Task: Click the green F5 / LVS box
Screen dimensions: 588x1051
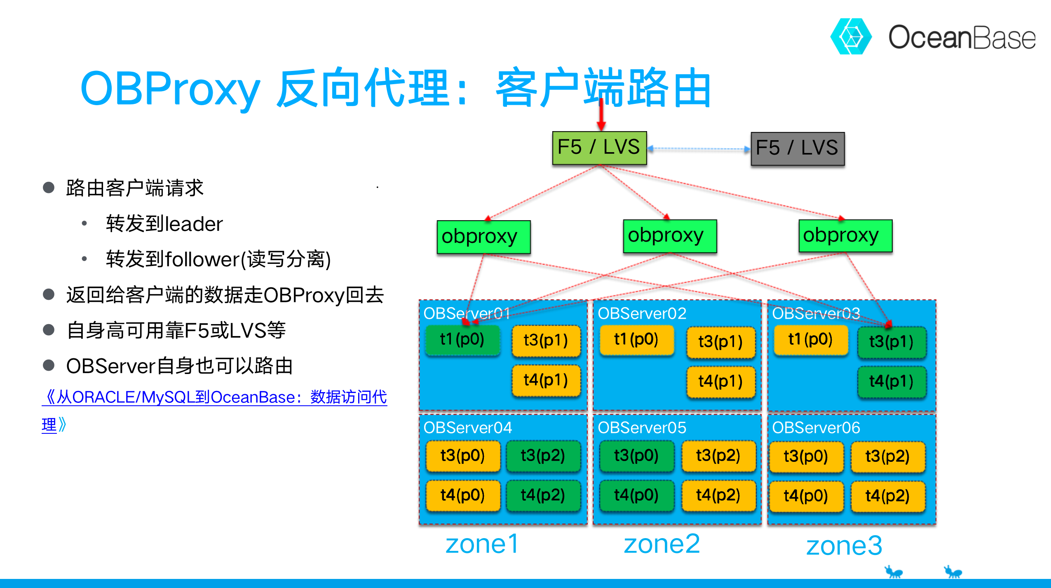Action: [599, 148]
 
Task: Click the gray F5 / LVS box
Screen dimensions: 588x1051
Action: [798, 148]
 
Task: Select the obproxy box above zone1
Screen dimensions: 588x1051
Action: [483, 237]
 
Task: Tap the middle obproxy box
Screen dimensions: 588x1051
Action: [670, 236]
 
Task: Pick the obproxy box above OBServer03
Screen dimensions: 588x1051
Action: [845, 235]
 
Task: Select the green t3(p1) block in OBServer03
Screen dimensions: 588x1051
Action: [891, 342]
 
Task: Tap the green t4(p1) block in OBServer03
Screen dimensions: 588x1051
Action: [891, 381]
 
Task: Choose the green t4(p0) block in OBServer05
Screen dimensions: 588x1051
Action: [636, 495]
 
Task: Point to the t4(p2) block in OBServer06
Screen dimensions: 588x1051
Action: [887, 496]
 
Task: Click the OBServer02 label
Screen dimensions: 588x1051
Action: [642, 314]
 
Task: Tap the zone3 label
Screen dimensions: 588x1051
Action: [844, 546]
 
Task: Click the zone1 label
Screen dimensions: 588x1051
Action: [482, 544]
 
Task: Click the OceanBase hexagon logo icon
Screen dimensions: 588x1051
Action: [851, 36]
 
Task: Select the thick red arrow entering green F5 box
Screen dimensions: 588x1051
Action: [601, 113]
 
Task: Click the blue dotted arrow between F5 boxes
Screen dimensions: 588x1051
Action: [699, 149]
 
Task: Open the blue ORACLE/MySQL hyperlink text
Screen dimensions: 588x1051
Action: [214, 397]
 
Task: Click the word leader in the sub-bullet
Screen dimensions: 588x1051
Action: [194, 224]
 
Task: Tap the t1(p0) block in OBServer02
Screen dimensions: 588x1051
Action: [636, 340]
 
